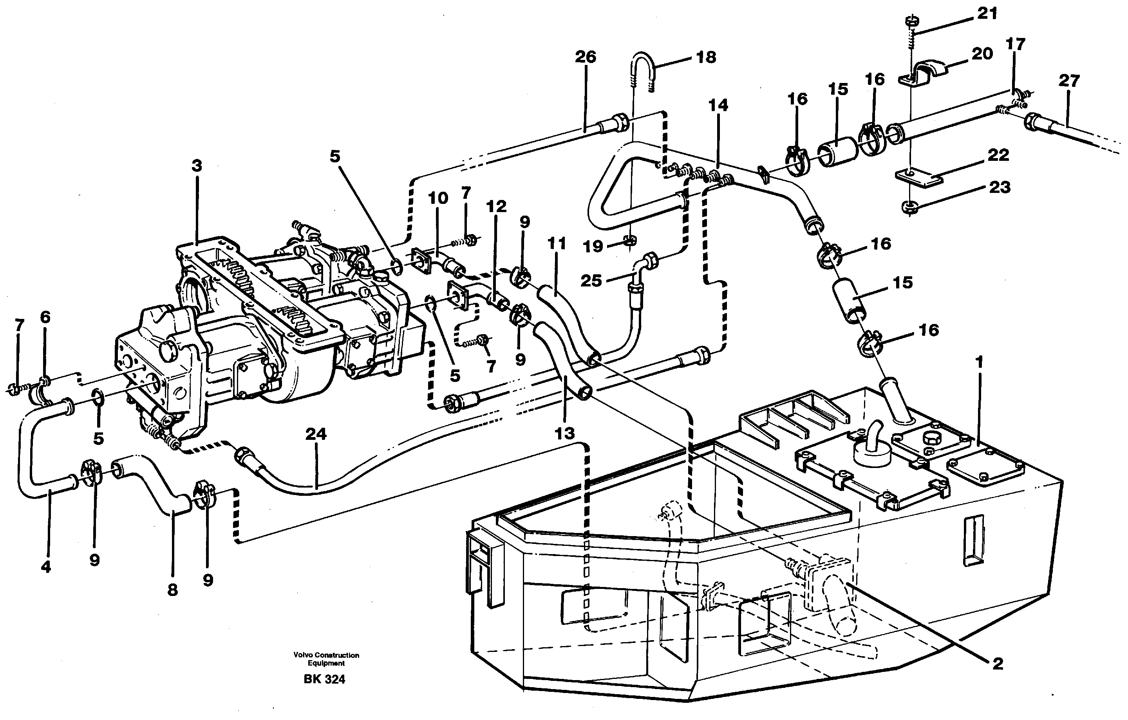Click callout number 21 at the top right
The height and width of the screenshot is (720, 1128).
[x=987, y=14]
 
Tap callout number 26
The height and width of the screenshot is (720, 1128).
[x=585, y=57]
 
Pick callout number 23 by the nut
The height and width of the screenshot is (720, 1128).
[x=999, y=188]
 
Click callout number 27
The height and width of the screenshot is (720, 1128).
[x=1069, y=81]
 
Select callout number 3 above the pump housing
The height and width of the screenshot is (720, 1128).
[x=197, y=166]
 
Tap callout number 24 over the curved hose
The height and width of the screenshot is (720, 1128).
[x=315, y=434]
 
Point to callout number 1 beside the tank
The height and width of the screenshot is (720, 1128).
[x=978, y=362]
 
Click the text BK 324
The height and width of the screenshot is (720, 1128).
[x=324, y=679]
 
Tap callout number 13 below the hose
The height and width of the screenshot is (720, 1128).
[x=564, y=434]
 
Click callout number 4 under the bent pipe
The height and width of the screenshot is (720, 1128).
[x=45, y=567]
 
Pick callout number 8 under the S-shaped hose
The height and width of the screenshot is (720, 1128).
[x=172, y=590]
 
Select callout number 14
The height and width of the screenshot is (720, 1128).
[x=718, y=105]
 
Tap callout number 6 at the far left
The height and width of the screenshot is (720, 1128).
[x=45, y=317]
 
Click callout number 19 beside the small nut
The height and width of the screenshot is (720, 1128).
[x=593, y=246]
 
